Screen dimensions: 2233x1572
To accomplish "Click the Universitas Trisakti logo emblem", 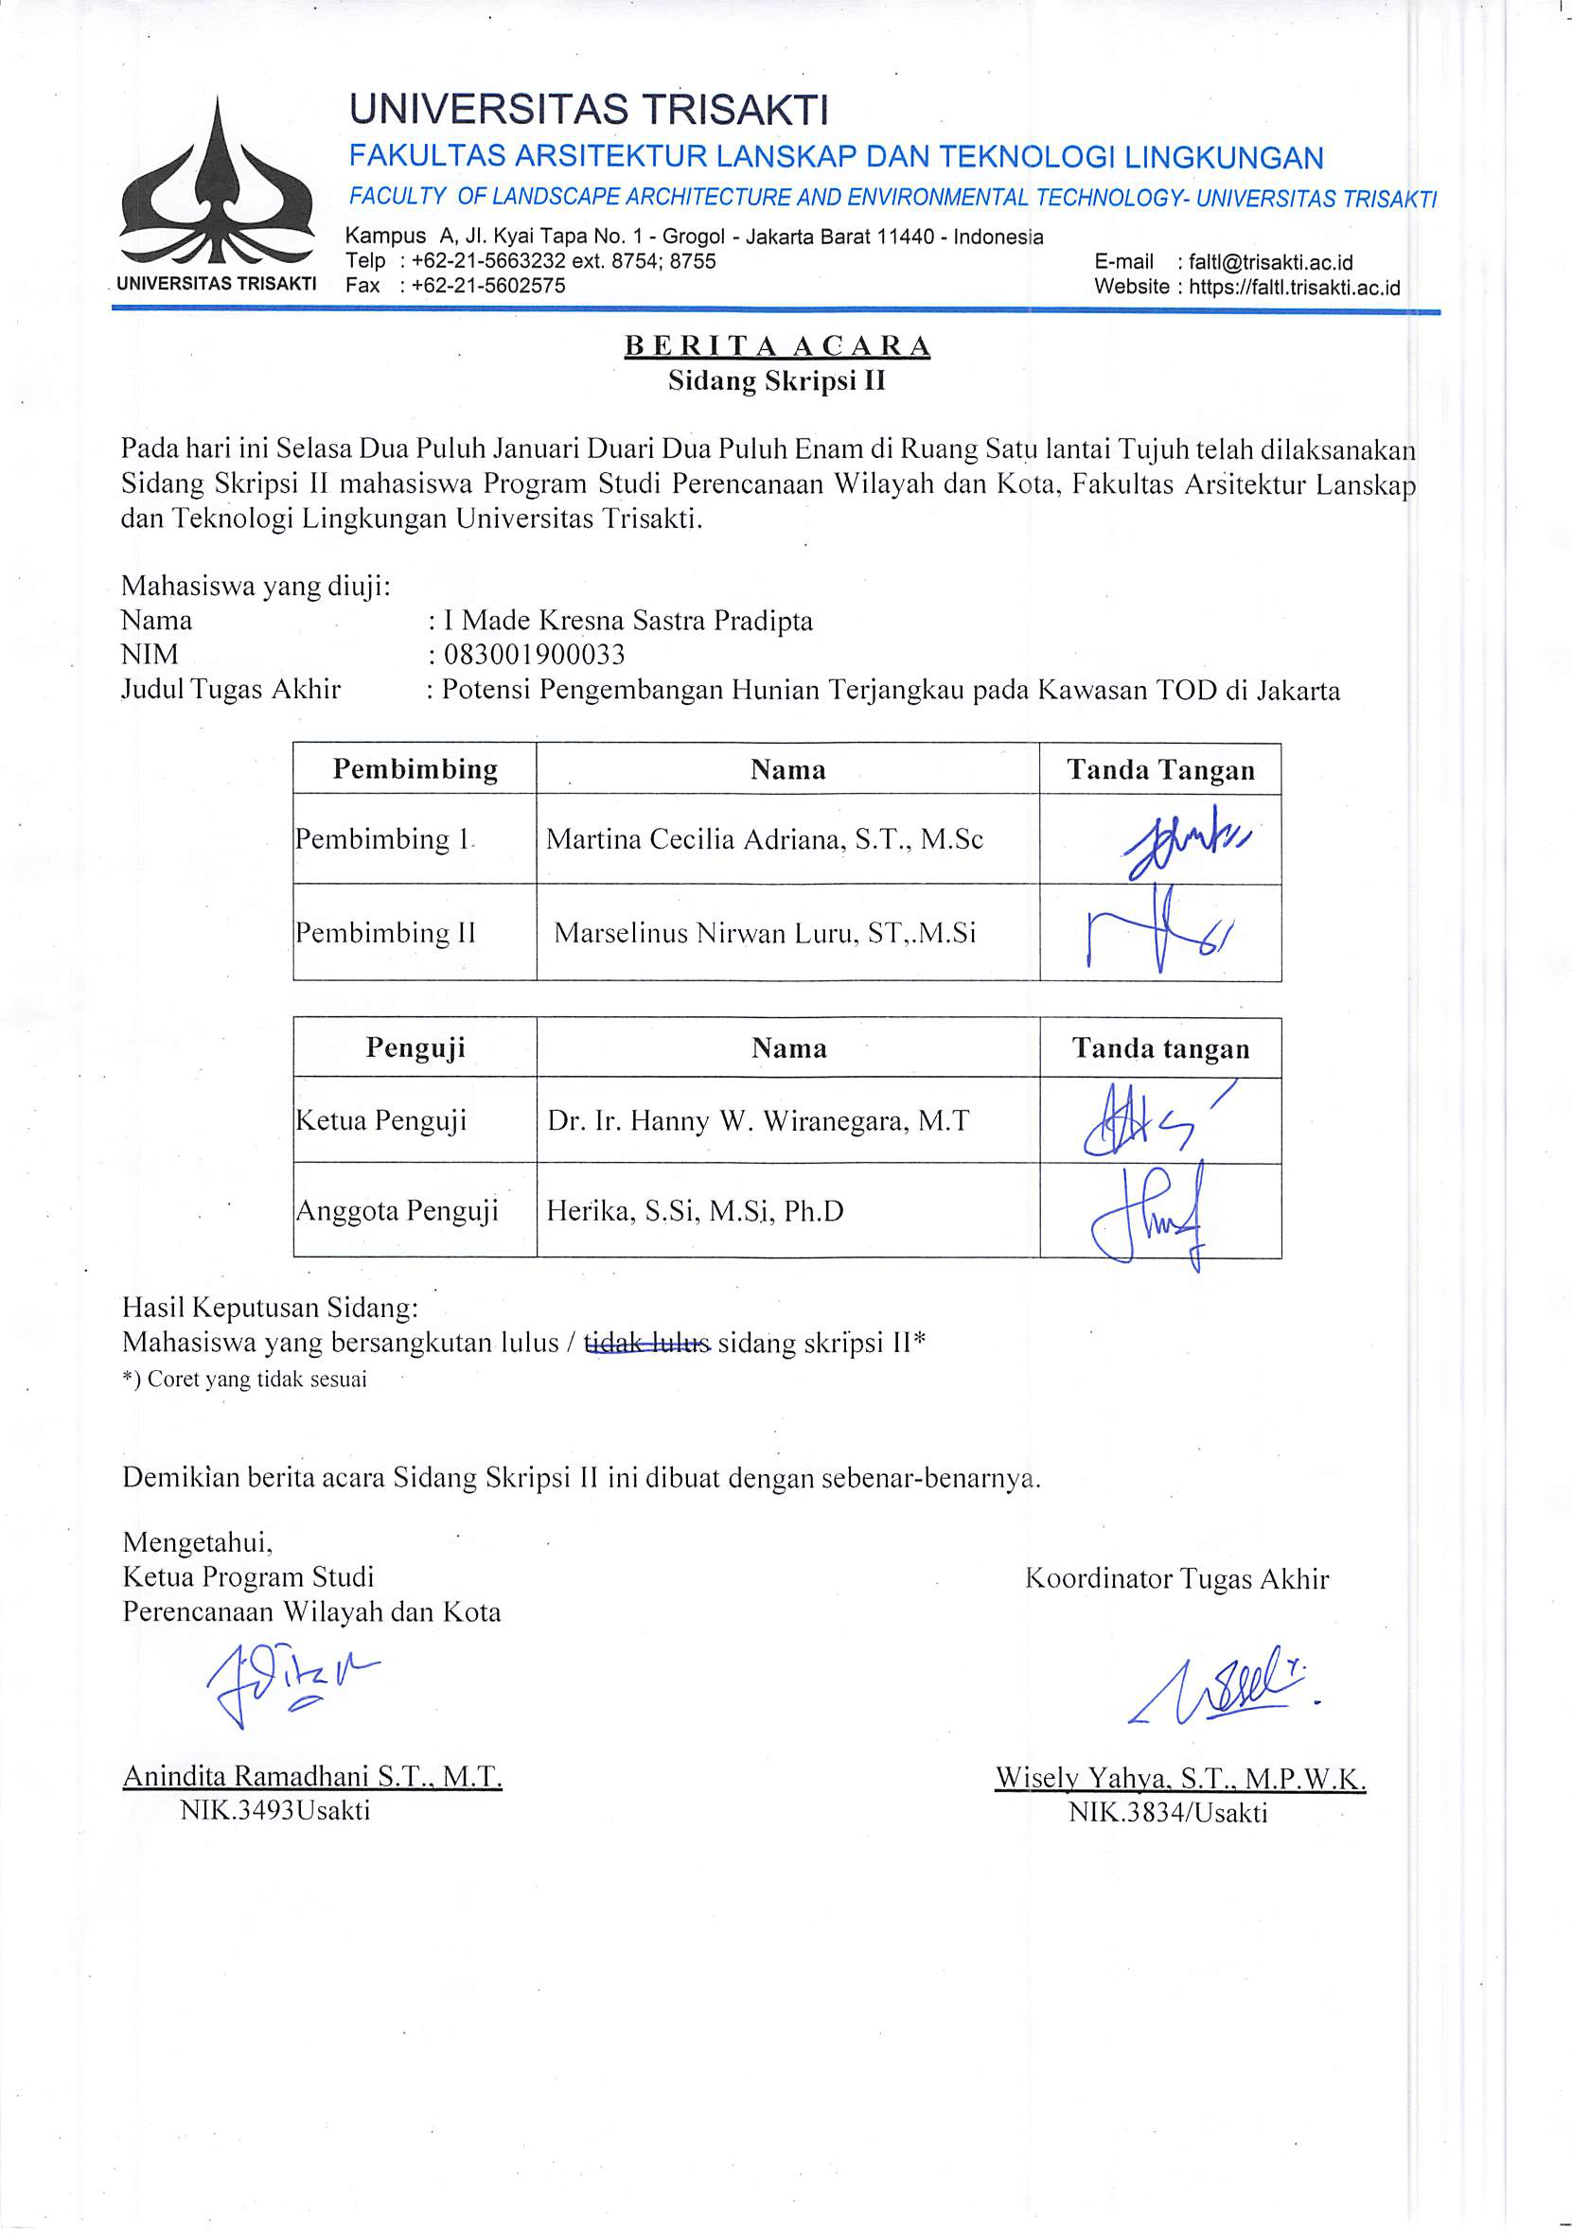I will tap(216, 189).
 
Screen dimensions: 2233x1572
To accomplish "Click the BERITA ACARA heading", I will tap(776, 346).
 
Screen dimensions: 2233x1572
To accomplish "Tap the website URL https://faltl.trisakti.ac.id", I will tap(1294, 288).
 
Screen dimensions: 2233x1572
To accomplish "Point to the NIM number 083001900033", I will tap(534, 655).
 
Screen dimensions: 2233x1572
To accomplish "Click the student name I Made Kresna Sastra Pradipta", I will tap(627, 621).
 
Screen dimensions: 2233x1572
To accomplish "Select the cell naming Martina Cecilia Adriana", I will tap(765, 839).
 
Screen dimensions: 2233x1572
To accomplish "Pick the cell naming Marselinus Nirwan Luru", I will tap(765, 934).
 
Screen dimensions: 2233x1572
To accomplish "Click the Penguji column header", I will tap(415, 1047).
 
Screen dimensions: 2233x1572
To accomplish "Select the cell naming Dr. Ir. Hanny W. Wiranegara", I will tap(758, 1121).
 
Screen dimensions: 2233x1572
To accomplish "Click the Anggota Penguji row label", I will tap(397, 1211).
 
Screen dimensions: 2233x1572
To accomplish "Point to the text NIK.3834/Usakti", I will tap(1167, 1813).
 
